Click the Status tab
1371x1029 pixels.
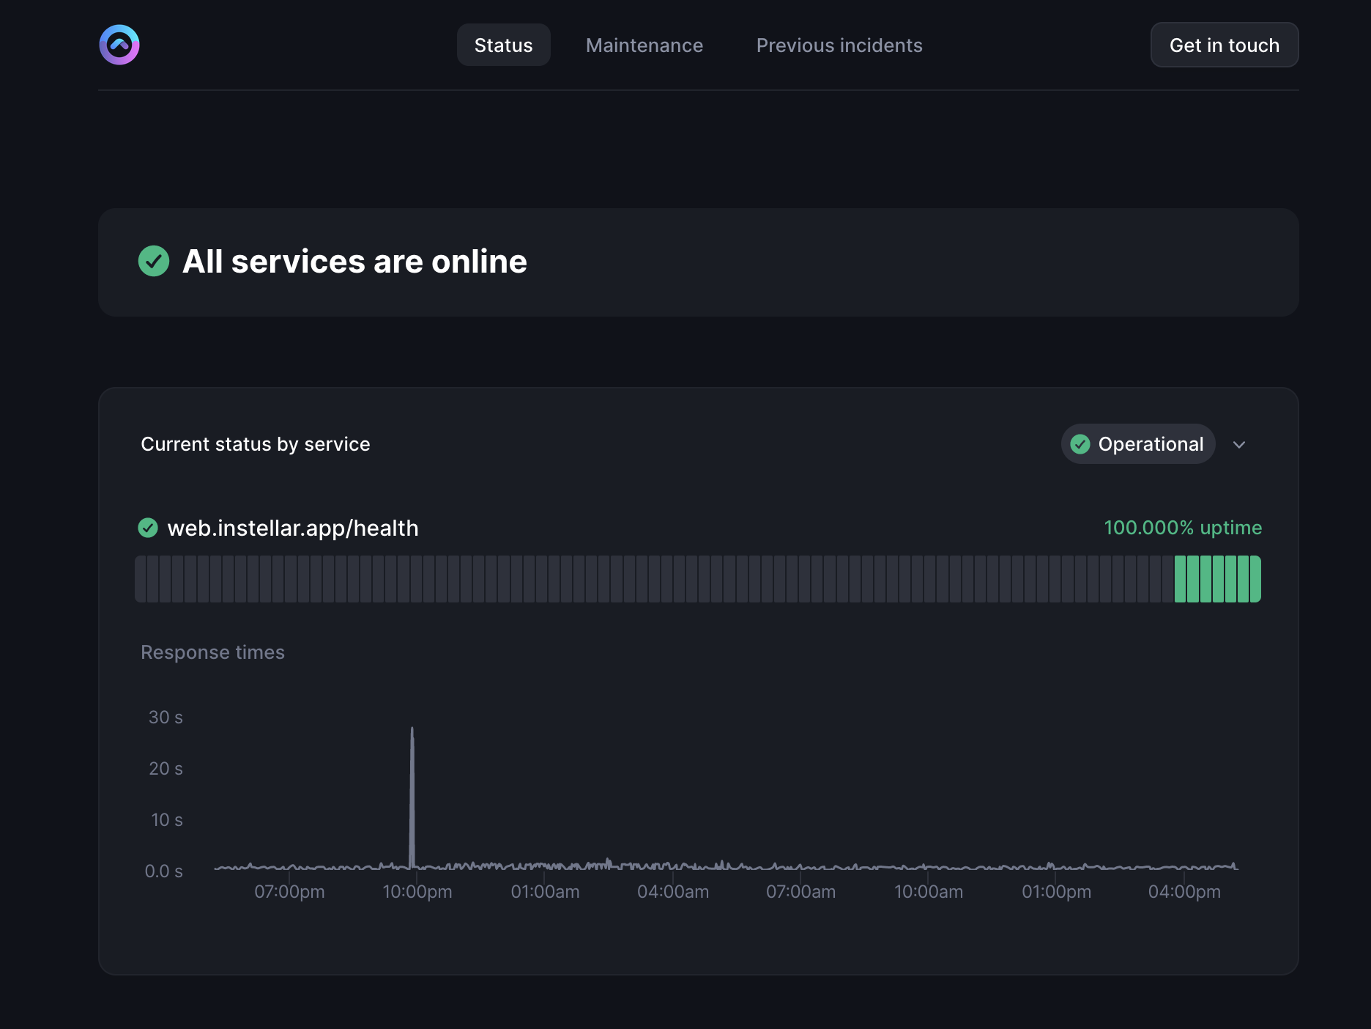pyautogui.click(x=503, y=45)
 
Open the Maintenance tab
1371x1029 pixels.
pyautogui.click(x=644, y=45)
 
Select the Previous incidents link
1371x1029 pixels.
pyautogui.click(x=839, y=45)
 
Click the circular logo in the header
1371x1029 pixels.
pyautogui.click(x=119, y=45)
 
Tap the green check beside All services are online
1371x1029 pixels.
pyautogui.click(x=154, y=261)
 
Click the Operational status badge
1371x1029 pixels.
pyautogui.click(x=1137, y=444)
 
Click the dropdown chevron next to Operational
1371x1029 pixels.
pyautogui.click(x=1239, y=445)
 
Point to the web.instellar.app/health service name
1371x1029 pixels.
pyautogui.click(x=293, y=528)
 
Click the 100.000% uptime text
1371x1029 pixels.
pyautogui.click(x=1183, y=528)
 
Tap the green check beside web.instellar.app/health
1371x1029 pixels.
pyautogui.click(x=148, y=528)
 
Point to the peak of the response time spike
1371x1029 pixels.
pyautogui.click(x=412, y=729)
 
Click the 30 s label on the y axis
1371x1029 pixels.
pyautogui.click(x=166, y=718)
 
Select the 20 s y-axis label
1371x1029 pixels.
pyautogui.click(x=166, y=769)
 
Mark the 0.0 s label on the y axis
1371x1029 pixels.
pyautogui.click(x=163, y=871)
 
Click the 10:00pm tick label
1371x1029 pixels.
pyautogui.click(x=417, y=892)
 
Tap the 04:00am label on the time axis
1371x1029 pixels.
pyautogui.click(x=673, y=892)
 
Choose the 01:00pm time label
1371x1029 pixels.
pyautogui.click(x=1056, y=892)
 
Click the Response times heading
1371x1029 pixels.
pyautogui.click(x=212, y=652)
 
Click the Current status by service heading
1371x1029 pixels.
pyautogui.click(x=256, y=444)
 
